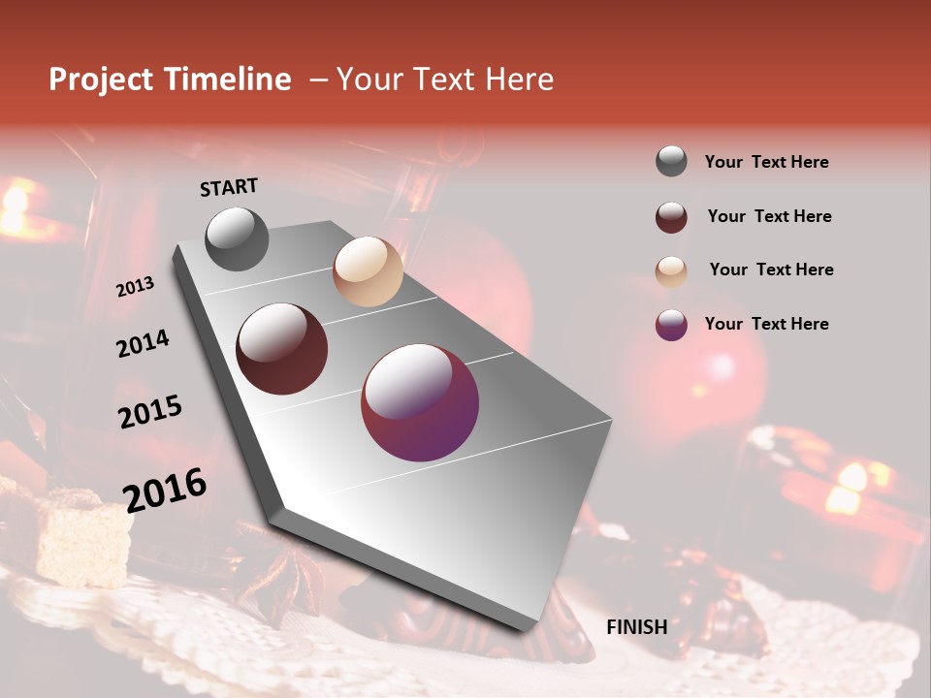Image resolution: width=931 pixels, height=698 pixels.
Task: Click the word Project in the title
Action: [x=99, y=80]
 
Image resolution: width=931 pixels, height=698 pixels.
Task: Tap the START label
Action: [x=229, y=187]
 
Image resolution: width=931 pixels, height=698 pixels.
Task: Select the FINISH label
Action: [x=637, y=627]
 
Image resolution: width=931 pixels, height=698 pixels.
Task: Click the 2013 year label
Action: [x=136, y=287]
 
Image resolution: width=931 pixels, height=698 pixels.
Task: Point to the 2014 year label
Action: [x=143, y=343]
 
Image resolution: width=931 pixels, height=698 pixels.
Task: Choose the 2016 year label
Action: [x=165, y=490]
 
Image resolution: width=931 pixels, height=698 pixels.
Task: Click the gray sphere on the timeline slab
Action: [x=238, y=238]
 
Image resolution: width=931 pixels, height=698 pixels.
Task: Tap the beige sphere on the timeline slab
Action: [x=368, y=271]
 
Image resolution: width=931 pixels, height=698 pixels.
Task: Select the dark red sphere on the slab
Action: [x=282, y=349]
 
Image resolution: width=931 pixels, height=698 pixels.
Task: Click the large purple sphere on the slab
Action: [x=420, y=402]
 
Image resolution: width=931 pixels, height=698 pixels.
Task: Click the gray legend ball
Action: [x=671, y=162]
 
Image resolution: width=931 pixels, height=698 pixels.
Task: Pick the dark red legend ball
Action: [x=671, y=217]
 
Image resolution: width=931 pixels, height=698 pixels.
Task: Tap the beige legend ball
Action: [x=671, y=271]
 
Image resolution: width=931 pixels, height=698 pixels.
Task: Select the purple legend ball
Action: [x=671, y=325]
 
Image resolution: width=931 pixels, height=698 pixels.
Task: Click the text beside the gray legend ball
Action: [x=767, y=162]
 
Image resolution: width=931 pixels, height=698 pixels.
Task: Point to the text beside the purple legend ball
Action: [x=767, y=324]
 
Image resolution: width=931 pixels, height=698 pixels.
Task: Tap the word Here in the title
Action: [x=519, y=79]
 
